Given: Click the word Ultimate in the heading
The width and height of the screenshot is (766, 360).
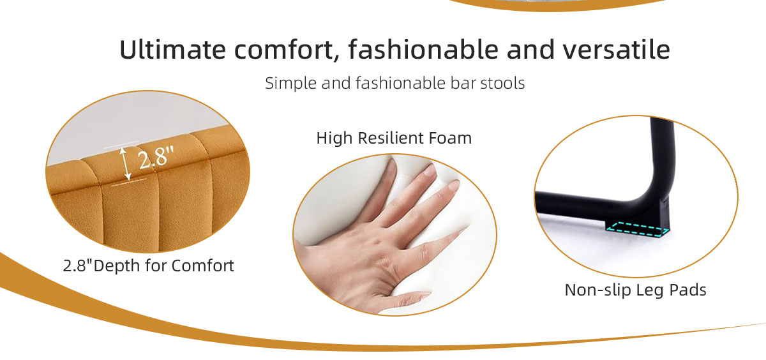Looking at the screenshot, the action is pyautogui.click(x=173, y=50).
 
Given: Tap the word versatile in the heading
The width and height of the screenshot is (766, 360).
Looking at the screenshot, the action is pyautogui.click(x=616, y=50).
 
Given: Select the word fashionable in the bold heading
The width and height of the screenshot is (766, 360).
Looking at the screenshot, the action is pyautogui.click(x=423, y=50).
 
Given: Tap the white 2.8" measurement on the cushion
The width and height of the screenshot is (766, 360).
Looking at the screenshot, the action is pyautogui.click(x=156, y=157).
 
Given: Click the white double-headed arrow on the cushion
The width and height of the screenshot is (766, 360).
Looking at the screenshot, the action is pyautogui.click(x=126, y=163).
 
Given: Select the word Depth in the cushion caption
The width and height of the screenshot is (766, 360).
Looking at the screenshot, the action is pyautogui.click(x=114, y=266).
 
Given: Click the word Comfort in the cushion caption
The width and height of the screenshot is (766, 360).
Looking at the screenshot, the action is pyautogui.click(x=202, y=266).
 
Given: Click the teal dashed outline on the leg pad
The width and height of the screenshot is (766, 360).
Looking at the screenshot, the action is pyautogui.click(x=637, y=229).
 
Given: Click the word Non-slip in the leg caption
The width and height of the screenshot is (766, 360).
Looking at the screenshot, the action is pyautogui.click(x=597, y=290).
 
